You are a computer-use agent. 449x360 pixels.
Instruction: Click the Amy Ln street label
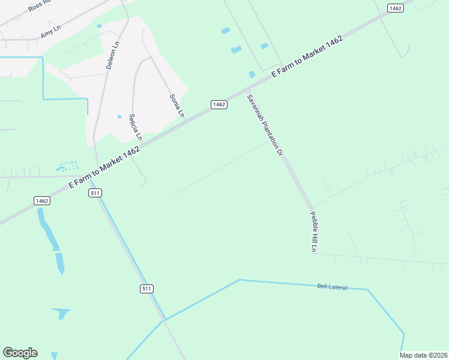51,32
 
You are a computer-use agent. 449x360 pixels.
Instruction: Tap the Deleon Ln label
113,55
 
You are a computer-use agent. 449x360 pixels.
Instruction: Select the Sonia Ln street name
176,106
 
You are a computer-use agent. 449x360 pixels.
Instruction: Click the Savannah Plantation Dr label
265,124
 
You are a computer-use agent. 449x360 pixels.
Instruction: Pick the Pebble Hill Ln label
313,231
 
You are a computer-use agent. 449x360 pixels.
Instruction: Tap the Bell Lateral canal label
332,287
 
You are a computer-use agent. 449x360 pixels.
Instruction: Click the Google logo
20,353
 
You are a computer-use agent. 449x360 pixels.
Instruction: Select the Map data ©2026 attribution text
424,355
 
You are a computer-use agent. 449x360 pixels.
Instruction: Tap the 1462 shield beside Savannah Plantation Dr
219,104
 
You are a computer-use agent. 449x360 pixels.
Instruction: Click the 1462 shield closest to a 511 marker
42,200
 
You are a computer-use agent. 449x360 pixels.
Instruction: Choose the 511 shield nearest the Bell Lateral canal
147,289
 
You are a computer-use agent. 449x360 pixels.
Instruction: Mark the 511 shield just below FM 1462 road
95,193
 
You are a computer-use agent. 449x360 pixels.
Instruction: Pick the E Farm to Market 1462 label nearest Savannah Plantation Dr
307,56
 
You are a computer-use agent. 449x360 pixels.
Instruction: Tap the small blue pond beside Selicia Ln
119,116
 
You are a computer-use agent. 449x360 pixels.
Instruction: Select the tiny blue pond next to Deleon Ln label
99,26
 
